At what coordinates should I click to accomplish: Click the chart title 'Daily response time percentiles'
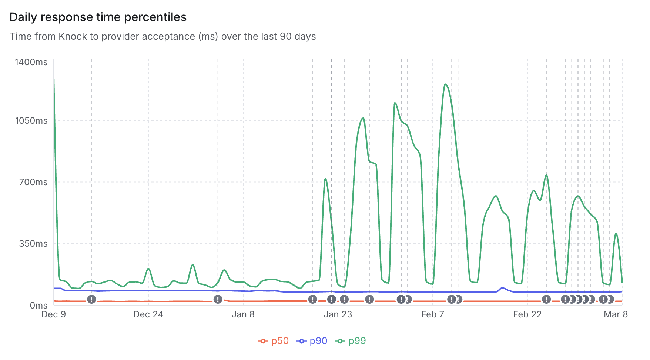(x=98, y=17)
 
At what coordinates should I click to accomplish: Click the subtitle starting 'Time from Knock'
(x=162, y=36)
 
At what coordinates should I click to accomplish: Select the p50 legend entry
(x=274, y=341)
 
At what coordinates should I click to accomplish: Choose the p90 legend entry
(x=312, y=341)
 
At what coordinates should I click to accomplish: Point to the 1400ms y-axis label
(x=31, y=62)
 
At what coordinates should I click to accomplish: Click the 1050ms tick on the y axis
(x=31, y=121)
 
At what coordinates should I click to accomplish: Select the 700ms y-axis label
(x=33, y=182)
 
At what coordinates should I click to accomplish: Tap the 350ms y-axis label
(x=33, y=244)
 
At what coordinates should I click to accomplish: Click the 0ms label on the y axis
(x=38, y=306)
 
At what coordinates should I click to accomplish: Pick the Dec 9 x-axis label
(x=54, y=314)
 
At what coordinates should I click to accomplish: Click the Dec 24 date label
(x=148, y=314)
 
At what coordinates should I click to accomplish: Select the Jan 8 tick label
(x=243, y=314)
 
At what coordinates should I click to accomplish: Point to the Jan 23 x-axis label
(x=338, y=314)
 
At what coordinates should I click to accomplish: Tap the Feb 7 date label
(x=432, y=314)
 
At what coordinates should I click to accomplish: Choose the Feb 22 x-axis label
(x=527, y=314)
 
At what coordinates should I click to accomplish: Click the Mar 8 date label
(x=616, y=314)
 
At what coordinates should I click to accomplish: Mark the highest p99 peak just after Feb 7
(x=446, y=84)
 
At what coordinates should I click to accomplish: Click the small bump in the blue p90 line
(x=502, y=288)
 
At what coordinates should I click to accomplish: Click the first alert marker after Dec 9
(x=91, y=299)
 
